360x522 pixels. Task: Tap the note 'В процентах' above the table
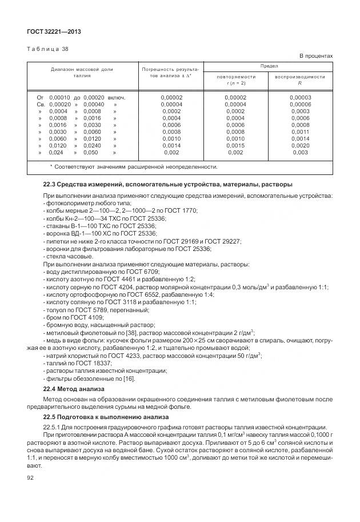(x=316, y=56)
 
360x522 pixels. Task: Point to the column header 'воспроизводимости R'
(x=299, y=79)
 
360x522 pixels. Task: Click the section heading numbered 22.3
(x=167, y=185)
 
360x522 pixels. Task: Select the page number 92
(x=31, y=477)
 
